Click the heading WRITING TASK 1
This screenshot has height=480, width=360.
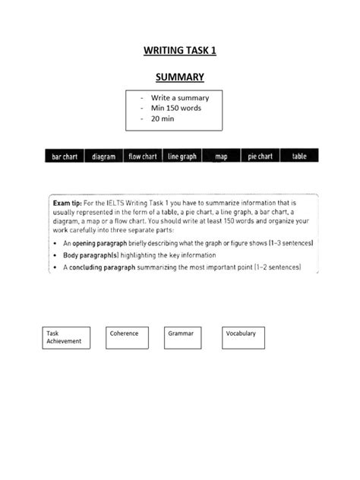pos(179,52)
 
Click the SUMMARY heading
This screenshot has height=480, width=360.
pos(179,77)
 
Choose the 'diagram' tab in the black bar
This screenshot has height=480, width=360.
pos(103,156)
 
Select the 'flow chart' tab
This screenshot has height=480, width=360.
pos(142,156)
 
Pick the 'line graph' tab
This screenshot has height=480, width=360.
pos(182,156)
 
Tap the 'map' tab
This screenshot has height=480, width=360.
pos(222,156)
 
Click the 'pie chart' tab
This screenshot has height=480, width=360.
pos(261,156)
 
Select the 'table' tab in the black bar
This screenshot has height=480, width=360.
pos(299,156)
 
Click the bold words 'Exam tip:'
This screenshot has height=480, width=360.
pos(68,204)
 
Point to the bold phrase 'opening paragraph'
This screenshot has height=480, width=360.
pos(102,242)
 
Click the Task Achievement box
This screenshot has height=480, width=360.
pos(66,337)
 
